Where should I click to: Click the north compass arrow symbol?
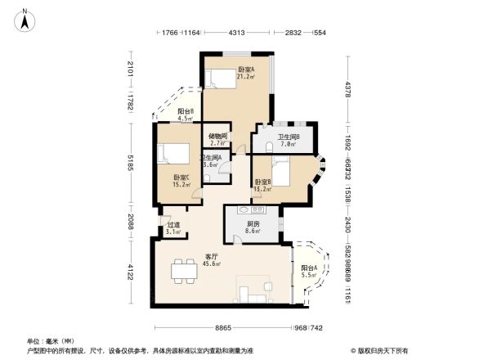[26, 19]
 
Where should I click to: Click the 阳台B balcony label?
[186, 114]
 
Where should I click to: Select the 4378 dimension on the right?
[347, 88]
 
